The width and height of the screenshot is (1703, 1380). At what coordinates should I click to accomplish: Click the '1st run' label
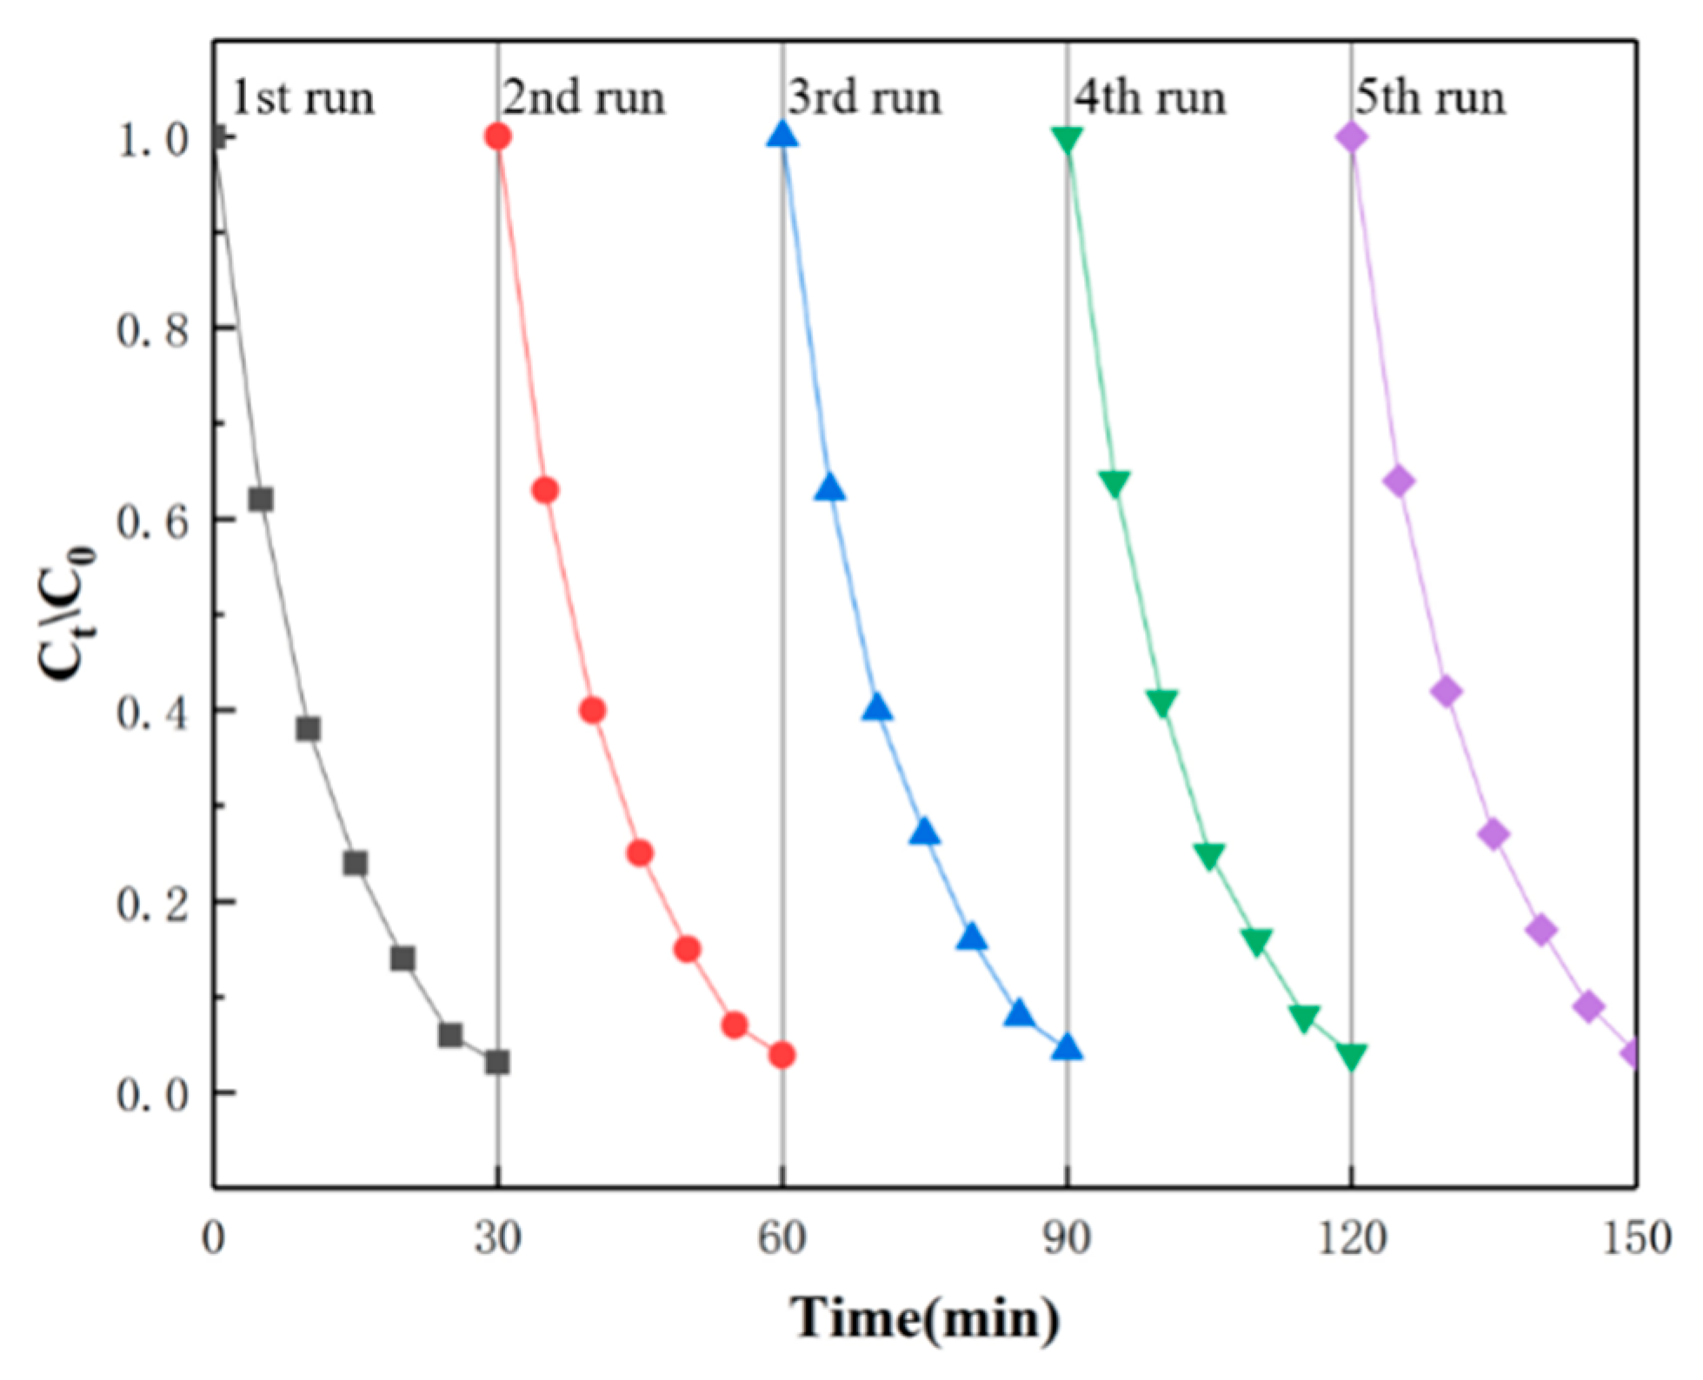click(303, 98)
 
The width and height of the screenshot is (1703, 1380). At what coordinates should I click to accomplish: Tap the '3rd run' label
click(864, 97)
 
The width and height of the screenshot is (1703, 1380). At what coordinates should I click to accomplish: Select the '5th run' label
click(1429, 97)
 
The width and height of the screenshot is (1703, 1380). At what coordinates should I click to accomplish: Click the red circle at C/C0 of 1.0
click(498, 136)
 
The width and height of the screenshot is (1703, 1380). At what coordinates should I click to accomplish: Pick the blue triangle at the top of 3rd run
click(782, 135)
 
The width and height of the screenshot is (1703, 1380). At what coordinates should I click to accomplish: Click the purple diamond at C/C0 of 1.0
click(1351, 136)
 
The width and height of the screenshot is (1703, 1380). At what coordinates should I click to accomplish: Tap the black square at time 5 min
click(261, 500)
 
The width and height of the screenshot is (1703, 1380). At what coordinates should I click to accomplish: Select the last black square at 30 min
click(497, 1062)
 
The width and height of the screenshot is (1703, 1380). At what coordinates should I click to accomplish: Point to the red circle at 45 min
click(640, 853)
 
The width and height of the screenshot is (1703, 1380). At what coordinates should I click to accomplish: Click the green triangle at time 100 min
click(1161, 702)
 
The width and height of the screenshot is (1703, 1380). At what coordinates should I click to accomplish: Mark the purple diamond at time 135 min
click(1493, 834)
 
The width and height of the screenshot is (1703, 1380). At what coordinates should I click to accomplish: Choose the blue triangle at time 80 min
click(972, 938)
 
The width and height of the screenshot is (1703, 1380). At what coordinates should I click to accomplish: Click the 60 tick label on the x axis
click(782, 1237)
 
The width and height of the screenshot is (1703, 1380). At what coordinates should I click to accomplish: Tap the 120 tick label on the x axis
click(1351, 1237)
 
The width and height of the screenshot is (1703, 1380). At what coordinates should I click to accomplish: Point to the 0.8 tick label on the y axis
click(153, 329)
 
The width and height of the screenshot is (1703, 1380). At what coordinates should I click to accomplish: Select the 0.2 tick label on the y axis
click(153, 904)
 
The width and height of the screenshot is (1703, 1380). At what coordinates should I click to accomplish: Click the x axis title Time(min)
click(925, 1319)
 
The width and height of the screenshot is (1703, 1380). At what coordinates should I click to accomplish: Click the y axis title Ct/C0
click(66, 613)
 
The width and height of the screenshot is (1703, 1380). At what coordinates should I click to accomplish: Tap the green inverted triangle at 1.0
click(1067, 138)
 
